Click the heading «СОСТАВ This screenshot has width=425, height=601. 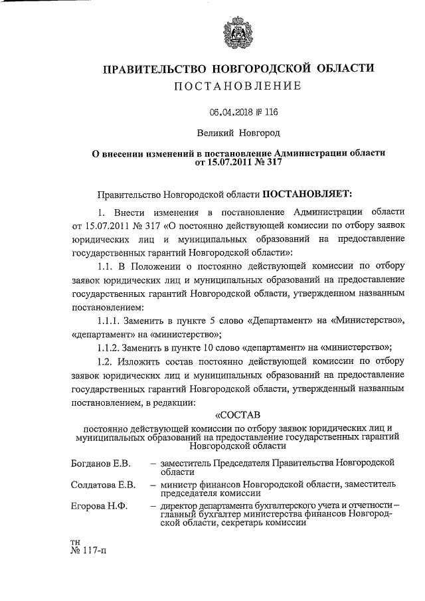coord(237,416)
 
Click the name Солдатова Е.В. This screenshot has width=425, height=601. coord(104,485)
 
